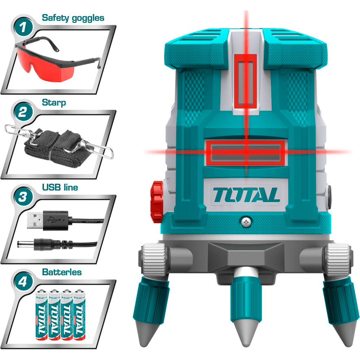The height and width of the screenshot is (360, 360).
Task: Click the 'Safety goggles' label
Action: tap(73, 18)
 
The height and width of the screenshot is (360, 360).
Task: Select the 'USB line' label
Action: tap(60, 188)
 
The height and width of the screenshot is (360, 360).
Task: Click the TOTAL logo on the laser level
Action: tap(246, 195)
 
